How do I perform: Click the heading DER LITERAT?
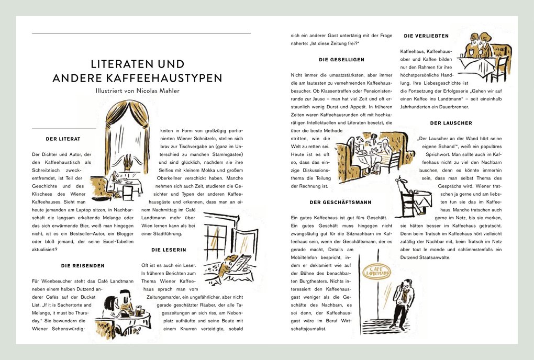pos(63,139)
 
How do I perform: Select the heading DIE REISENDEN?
pos(83,266)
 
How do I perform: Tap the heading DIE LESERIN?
pos(169,250)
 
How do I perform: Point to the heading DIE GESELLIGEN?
pos(341,60)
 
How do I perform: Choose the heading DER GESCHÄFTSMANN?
pos(340,202)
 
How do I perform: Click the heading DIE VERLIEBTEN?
pos(426,36)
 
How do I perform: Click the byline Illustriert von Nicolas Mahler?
pos(137,91)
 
